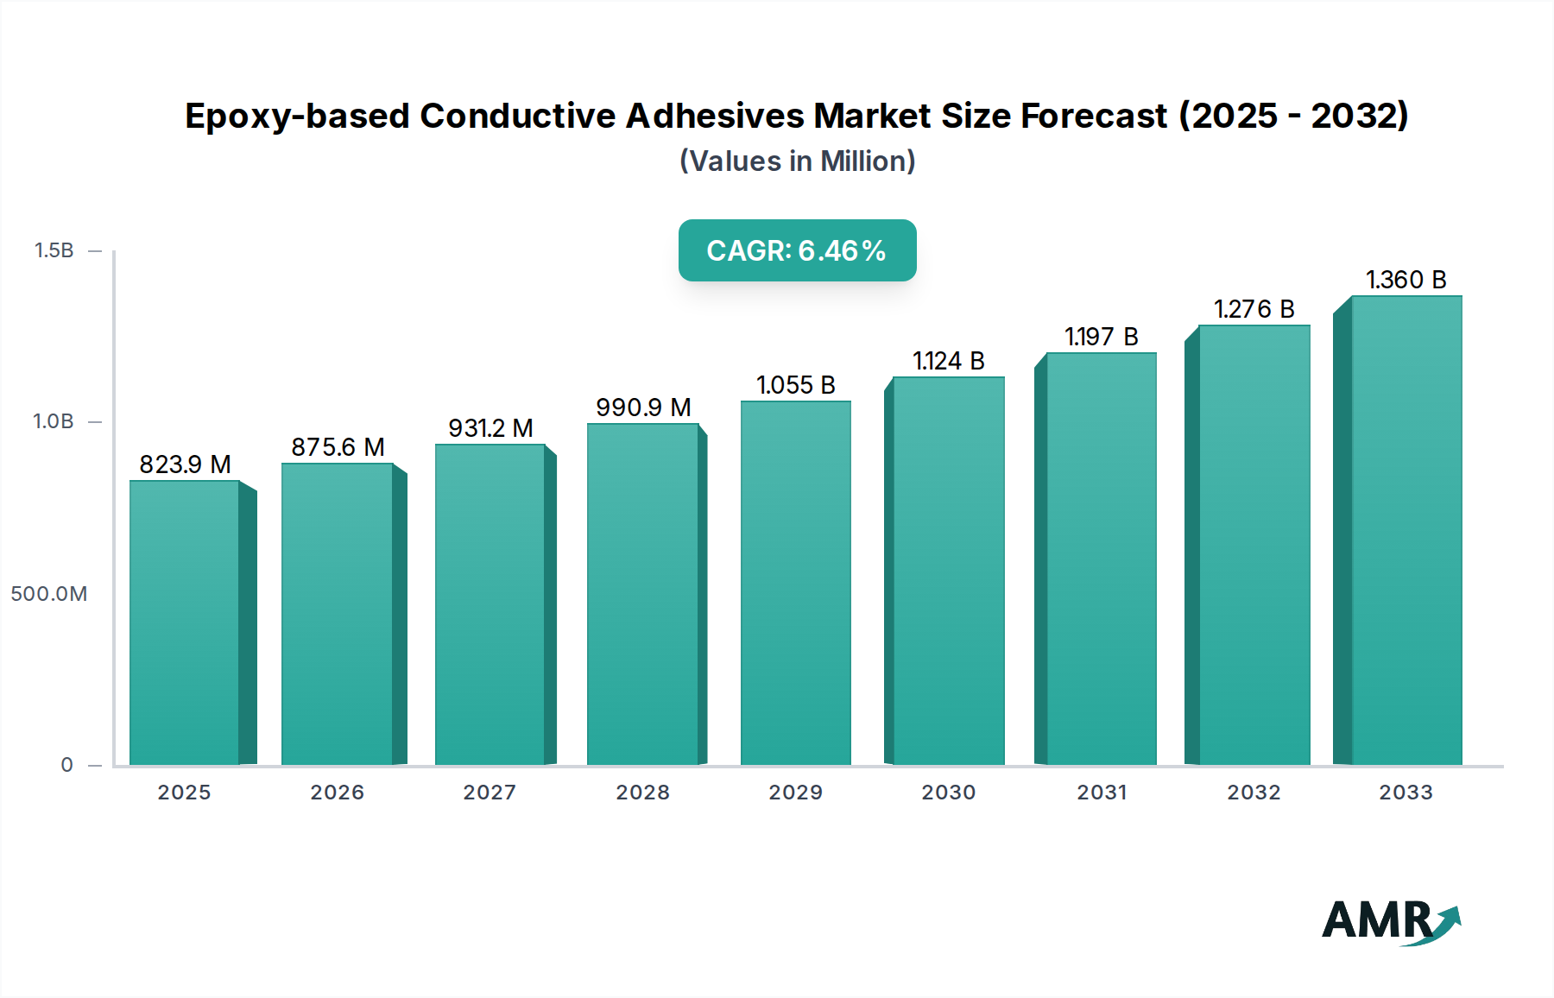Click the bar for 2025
185,622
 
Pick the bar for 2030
948,570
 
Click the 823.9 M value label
185,464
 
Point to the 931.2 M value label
490,428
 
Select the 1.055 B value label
795,385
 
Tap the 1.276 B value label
1254,309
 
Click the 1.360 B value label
1406,280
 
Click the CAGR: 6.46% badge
797,250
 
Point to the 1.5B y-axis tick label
54,250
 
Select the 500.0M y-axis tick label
49,594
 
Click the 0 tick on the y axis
66,765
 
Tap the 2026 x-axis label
337,793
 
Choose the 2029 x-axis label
795,793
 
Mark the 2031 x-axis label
1101,793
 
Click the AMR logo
1390,922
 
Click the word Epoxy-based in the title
296,117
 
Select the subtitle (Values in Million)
797,161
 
